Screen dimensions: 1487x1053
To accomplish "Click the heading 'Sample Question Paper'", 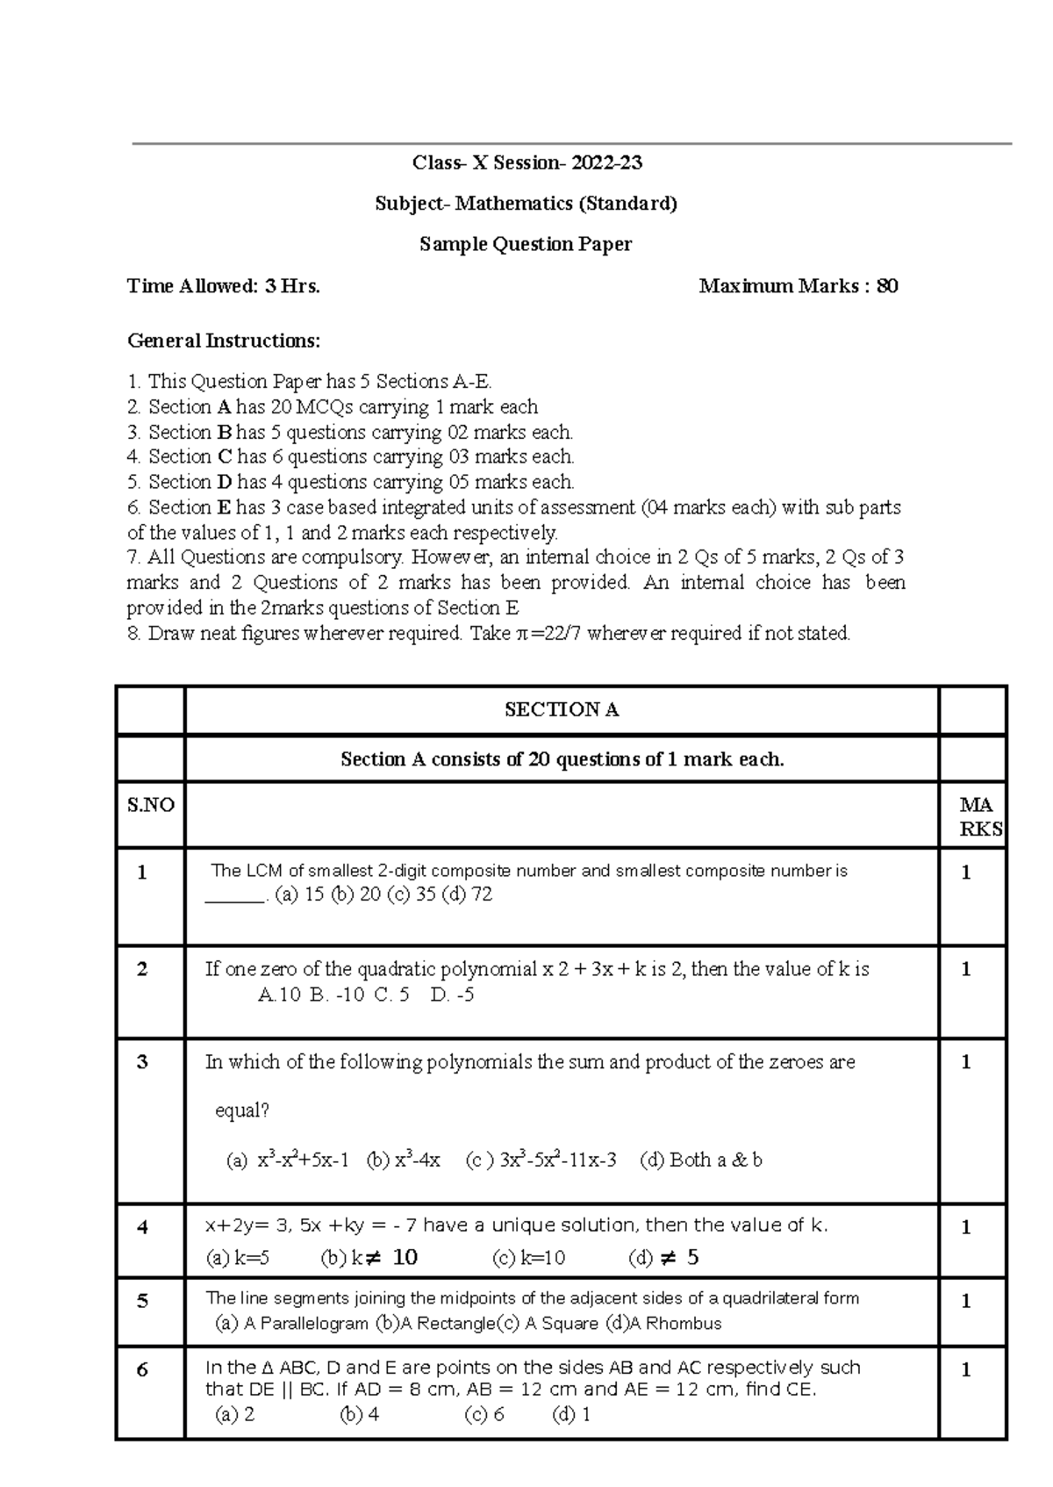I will pos(526,244).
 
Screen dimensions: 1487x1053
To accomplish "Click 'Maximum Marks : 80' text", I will pos(798,286).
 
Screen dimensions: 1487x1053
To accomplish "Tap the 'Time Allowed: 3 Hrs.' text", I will pos(223,286).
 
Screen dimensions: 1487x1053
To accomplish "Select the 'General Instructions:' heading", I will pos(224,341).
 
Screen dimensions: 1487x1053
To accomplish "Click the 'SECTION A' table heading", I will pos(562,710).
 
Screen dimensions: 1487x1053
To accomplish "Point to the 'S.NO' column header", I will pos(151,805).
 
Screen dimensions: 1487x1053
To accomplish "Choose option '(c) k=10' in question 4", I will pos(529,1258).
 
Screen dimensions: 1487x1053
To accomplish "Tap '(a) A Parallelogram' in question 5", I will pos(291,1323).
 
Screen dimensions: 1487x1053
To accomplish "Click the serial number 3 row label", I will pos(142,1062).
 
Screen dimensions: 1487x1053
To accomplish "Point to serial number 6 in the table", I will pos(142,1369).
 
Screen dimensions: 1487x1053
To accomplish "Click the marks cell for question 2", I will pos(966,969).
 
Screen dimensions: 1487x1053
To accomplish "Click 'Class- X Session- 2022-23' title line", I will pos(526,162).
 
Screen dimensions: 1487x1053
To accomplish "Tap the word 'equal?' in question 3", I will pos(242,1110).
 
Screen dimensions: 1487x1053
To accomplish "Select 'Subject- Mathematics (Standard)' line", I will pos(526,204).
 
